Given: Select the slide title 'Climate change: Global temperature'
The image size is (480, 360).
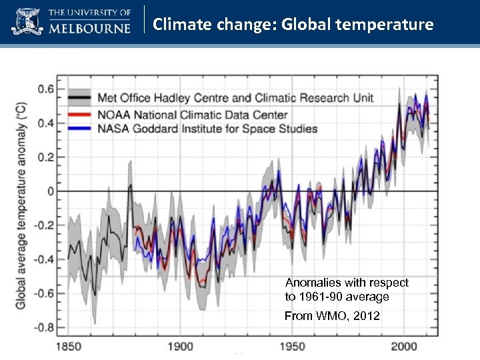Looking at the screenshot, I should click(293, 25).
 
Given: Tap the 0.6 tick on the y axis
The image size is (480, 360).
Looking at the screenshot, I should click(46, 89).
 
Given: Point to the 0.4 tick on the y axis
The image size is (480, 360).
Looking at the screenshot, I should click(46, 123).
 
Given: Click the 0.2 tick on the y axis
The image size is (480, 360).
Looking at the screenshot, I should click(46, 157).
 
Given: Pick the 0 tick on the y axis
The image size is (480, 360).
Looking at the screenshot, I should click(51, 191).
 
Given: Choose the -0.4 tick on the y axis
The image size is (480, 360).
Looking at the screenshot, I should click(44, 259).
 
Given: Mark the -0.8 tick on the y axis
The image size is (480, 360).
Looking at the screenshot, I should click(44, 327).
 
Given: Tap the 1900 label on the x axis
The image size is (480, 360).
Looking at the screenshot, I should click(180, 346).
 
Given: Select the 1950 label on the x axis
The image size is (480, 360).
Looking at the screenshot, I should click(291, 346).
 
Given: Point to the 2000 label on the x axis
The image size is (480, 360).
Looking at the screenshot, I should click(403, 346).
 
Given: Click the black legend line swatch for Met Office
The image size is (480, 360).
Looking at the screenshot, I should click(81, 98).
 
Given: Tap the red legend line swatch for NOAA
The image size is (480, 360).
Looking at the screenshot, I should click(81, 115).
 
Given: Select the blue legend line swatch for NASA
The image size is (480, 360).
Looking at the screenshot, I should click(81, 129).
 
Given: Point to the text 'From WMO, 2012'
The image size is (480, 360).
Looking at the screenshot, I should click(332, 316).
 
